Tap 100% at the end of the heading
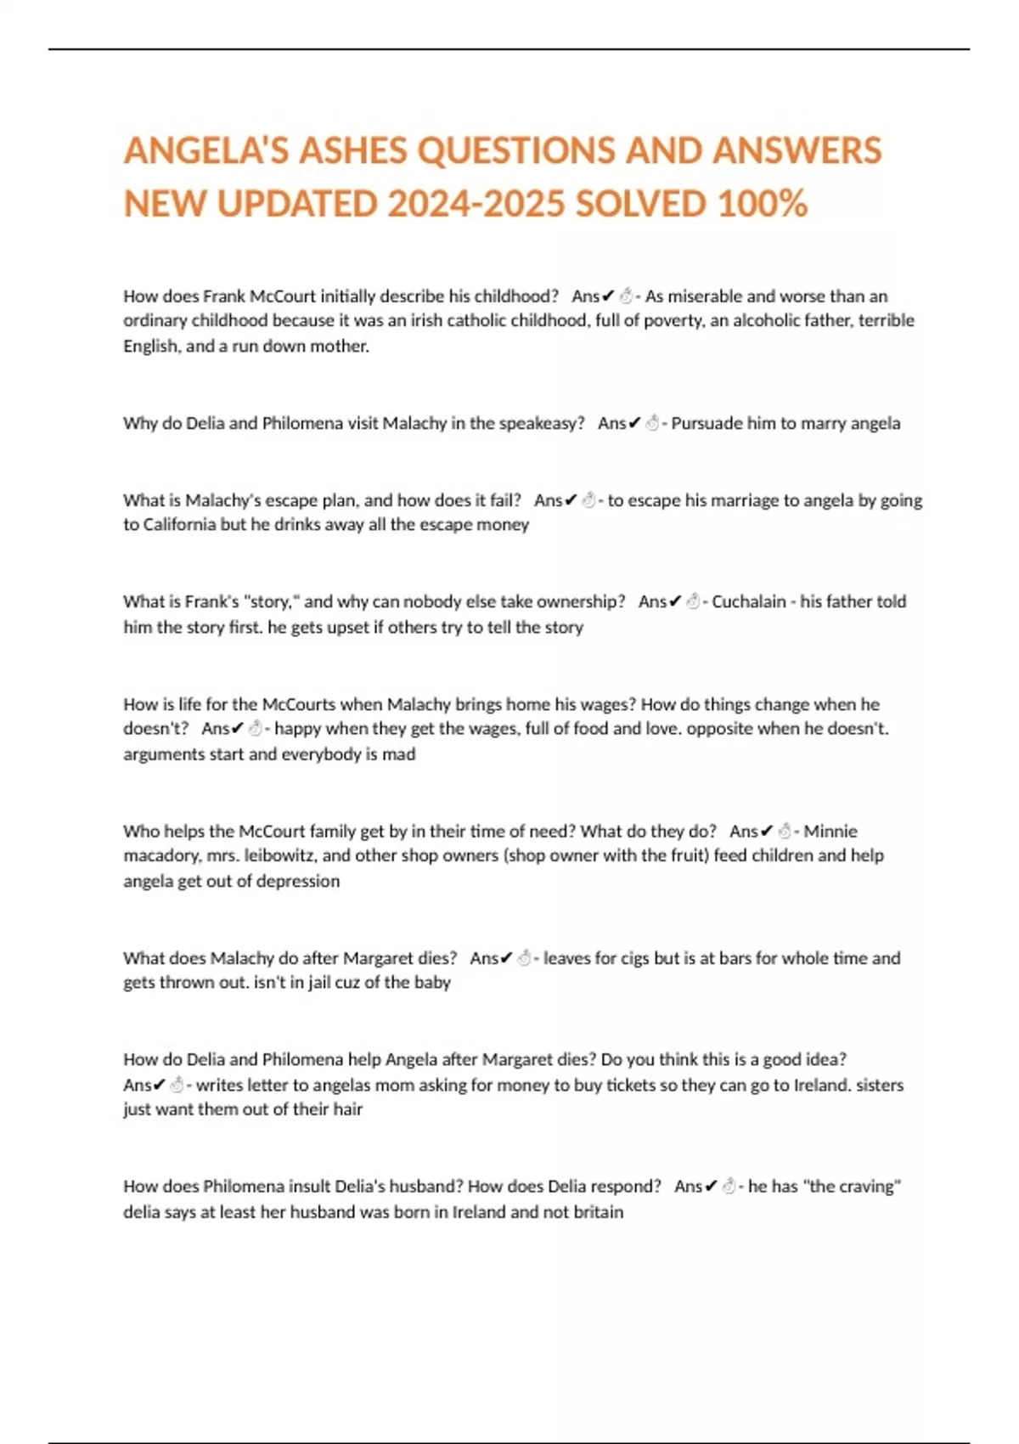click(762, 204)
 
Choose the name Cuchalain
click(748, 601)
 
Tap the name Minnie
click(830, 831)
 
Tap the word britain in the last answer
click(598, 1212)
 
